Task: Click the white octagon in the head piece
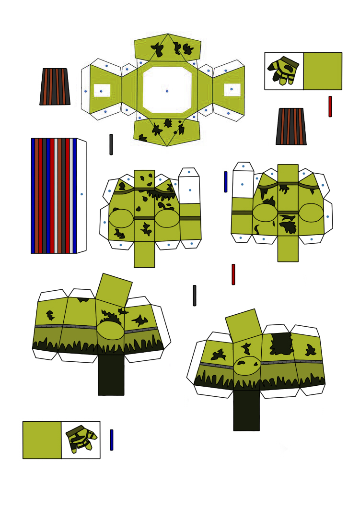158,82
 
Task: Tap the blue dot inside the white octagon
167,91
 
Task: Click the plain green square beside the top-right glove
323,71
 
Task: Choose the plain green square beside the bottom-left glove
42,440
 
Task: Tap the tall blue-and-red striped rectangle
54,196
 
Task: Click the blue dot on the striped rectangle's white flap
81,194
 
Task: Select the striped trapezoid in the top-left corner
55,87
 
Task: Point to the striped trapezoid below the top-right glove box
291,126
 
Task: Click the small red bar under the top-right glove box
330,107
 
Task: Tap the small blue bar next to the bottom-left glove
112,439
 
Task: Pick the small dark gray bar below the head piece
111,144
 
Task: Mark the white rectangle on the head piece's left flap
102,90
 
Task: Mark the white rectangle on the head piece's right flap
232,90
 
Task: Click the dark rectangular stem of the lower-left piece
111,375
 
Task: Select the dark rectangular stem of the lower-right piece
246,410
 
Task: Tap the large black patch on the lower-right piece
281,344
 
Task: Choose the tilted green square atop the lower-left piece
114,290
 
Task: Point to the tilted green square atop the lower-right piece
244,325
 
